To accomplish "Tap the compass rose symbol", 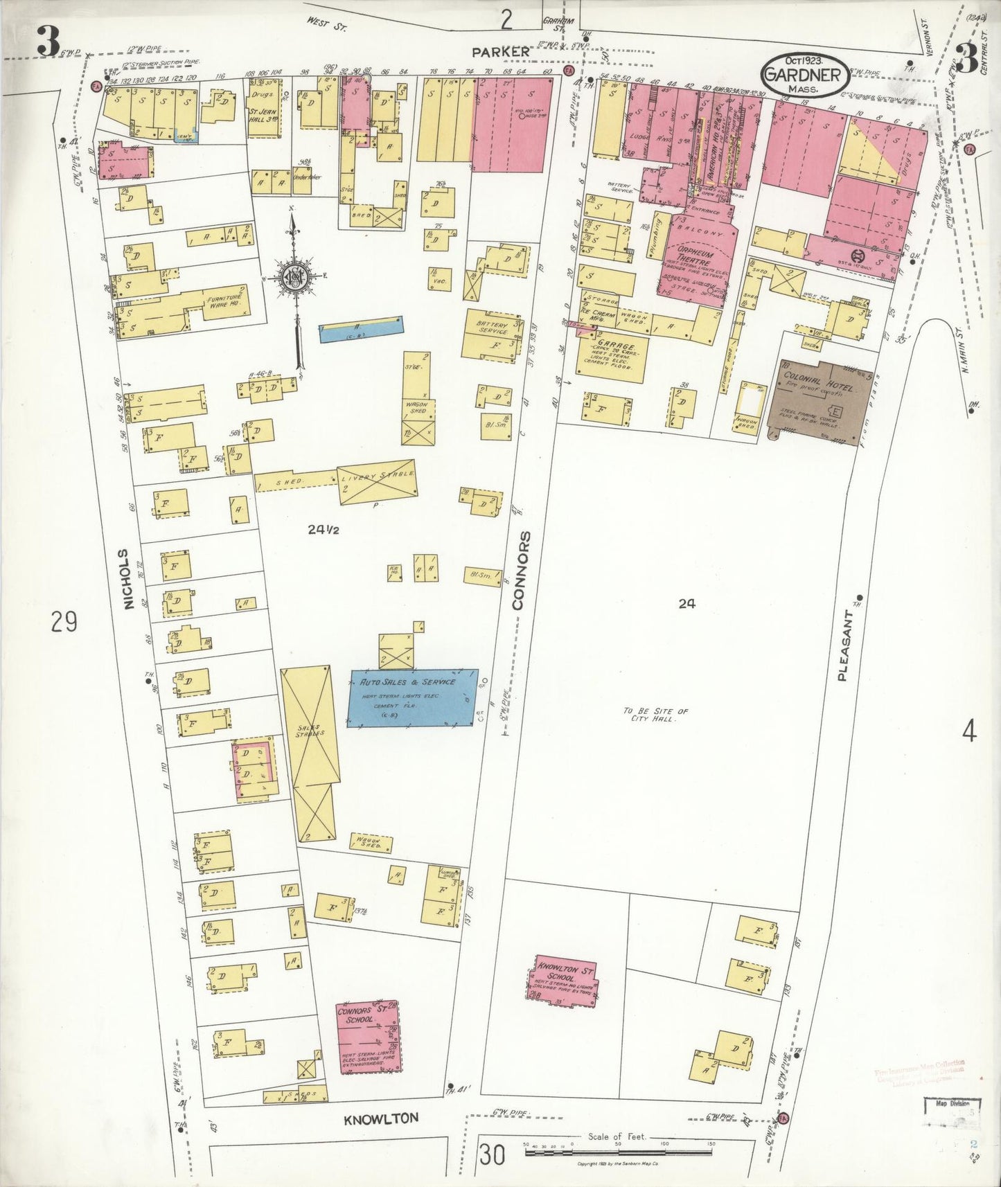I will point(296,278).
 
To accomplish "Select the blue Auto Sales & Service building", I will point(413,697).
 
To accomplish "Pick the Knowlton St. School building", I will point(565,978).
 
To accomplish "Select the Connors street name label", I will point(521,570).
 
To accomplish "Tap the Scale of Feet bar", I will point(620,1154).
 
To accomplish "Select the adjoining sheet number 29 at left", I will point(64,623).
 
